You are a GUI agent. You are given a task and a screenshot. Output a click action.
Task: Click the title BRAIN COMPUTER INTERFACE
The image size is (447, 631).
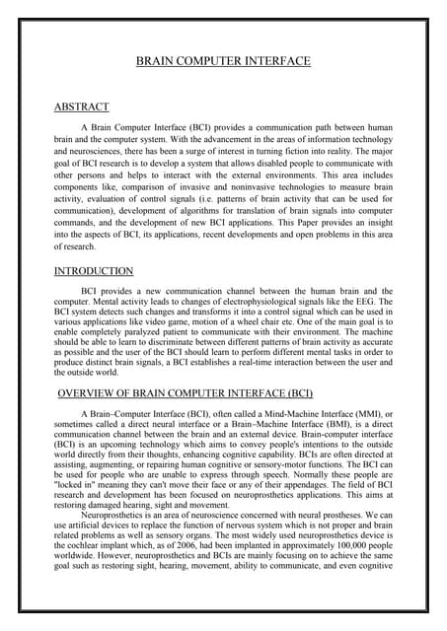tap(223, 61)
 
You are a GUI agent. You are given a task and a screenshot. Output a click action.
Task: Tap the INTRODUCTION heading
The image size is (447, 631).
tap(94, 271)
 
